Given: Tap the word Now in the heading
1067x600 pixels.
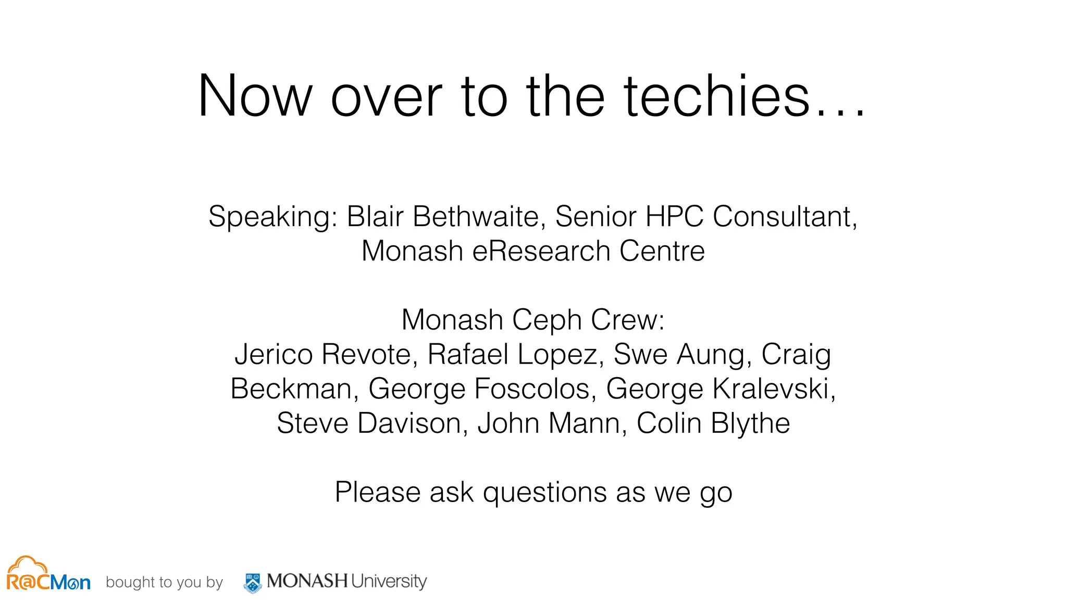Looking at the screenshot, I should pyautogui.click(x=255, y=96).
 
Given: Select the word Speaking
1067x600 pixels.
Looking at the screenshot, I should pyautogui.click(x=273, y=217).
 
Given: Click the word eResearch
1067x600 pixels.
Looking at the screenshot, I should pyautogui.click(x=541, y=251).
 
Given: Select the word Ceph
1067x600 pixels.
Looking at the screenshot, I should pyautogui.click(x=547, y=320).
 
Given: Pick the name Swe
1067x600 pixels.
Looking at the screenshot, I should pyautogui.click(x=640, y=354).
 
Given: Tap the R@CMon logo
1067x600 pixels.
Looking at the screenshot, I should pyautogui.click(x=48, y=574).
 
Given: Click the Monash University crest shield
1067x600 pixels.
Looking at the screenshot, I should pyautogui.click(x=253, y=583).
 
